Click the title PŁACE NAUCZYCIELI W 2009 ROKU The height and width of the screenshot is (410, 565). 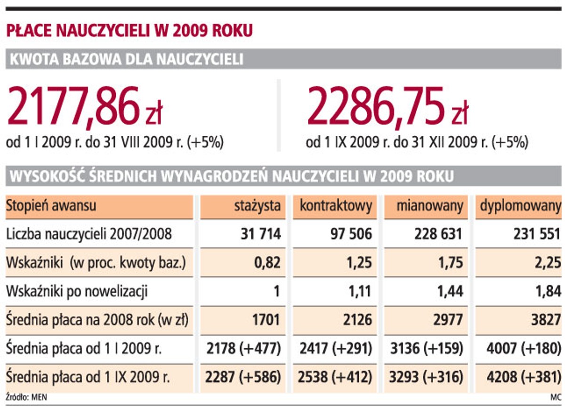click(129, 31)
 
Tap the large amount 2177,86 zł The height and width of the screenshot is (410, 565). click(85, 107)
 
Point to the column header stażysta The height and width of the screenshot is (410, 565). click(258, 205)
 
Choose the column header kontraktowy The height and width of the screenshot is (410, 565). click(336, 205)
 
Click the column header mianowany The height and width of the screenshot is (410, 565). click(429, 205)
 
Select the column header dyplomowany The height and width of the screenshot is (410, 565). click(521, 205)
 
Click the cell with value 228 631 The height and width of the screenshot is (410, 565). click(438, 234)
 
